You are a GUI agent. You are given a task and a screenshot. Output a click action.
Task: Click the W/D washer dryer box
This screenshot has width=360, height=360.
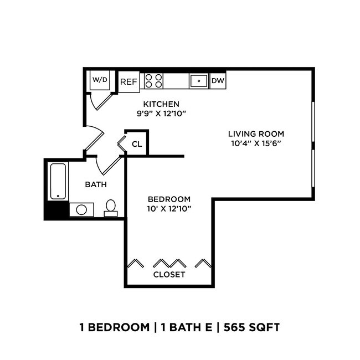pos(100,80)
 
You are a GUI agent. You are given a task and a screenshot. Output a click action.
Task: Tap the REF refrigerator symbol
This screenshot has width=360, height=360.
pos(128,81)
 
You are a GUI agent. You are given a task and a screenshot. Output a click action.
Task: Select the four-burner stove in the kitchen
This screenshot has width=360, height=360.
pos(153,81)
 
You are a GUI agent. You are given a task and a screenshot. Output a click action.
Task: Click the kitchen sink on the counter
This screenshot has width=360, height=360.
pos(198,81)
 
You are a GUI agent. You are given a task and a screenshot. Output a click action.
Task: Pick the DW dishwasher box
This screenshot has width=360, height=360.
pos(218,81)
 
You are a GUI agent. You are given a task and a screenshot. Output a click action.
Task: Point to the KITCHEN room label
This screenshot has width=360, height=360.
pos(161,104)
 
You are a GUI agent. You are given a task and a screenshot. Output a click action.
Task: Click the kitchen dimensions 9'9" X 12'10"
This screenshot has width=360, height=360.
pos(161,114)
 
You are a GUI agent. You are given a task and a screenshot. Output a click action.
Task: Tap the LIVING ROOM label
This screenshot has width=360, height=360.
pos(256,133)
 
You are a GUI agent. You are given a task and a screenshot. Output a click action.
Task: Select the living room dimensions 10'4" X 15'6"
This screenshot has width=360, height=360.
pos(256,143)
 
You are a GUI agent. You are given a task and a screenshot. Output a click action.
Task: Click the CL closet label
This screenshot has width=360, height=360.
pos(136,145)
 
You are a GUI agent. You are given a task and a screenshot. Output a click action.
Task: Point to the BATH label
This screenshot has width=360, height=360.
pos(95,184)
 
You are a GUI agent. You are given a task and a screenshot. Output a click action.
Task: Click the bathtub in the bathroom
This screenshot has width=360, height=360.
pos(58,181)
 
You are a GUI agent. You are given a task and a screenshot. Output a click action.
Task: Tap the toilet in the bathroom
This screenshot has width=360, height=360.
pos(111,208)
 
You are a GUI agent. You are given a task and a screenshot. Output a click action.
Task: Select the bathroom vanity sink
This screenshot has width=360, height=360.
pos(81,209)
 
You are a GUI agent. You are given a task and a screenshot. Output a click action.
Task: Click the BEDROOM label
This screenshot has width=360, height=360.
pos(169,199)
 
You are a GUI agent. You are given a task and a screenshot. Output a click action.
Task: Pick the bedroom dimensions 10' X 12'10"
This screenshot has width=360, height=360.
pos(169,209)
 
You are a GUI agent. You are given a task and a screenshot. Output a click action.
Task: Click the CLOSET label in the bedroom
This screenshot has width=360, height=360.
pos(169,274)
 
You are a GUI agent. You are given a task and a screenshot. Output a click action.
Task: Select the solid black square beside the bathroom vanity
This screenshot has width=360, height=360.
pos(56,211)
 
